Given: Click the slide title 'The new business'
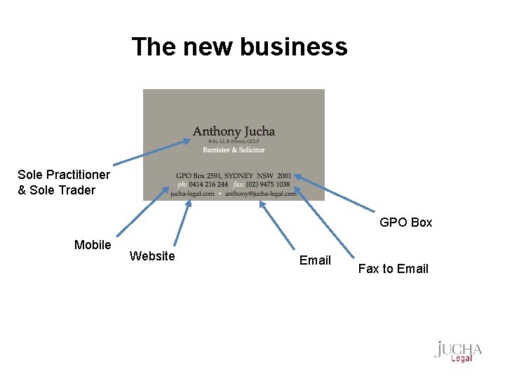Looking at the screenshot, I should pyautogui.click(x=239, y=47).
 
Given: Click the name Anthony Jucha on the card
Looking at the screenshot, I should pyautogui.click(x=234, y=131).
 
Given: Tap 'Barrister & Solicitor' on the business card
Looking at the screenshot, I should pyautogui.click(x=234, y=149).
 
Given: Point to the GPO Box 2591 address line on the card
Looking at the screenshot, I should pyautogui.click(x=234, y=175).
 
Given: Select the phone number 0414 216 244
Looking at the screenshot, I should pyautogui.click(x=208, y=185).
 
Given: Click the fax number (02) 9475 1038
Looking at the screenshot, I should pyautogui.click(x=267, y=185).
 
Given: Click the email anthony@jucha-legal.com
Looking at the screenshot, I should pyautogui.click(x=260, y=194).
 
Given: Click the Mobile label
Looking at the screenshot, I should pyautogui.click(x=93, y=245).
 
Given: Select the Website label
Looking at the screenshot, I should pyautogui.click(x=152, y=256).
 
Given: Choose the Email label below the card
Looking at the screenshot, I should pyautogui.click(x=315, y=260).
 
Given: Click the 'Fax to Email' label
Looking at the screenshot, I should pyautogui.click(x=393, y=269).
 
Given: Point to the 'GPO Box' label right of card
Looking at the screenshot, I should pyautogui.click(x=405, y=222).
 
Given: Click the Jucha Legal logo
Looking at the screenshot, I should pyautogui.click(x=458, y=352).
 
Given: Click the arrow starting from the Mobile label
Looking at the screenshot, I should pyautogui.click(x=140, y=213).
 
